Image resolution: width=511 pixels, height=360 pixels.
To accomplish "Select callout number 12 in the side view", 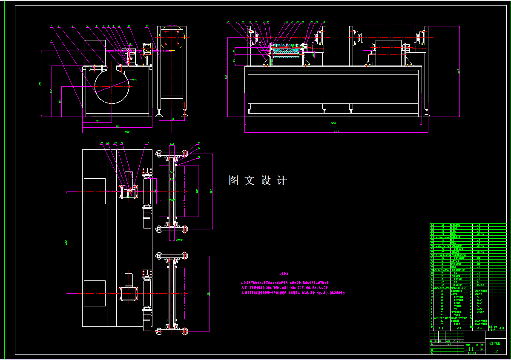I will (147, 26).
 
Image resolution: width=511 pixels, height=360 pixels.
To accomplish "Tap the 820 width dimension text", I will (117, 126).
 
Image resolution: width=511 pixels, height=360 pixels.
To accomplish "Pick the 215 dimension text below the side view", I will (97, 121).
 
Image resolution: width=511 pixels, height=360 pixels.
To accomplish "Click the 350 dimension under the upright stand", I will (172, 120).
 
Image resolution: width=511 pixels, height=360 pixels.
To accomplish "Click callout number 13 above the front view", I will (228, 22).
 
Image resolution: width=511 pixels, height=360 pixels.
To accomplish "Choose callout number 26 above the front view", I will (324, 22).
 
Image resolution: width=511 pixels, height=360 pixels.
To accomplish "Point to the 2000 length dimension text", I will (333, 123).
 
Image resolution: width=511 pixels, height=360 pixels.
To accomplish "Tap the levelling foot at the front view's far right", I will (427, 113).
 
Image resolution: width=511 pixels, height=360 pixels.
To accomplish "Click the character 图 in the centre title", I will (233, 180).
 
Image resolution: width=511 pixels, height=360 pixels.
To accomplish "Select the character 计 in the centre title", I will (282, 180).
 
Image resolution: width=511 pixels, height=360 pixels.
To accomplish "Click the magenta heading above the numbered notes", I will (283, 275).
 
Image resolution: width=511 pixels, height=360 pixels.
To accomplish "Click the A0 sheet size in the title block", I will (496, 351).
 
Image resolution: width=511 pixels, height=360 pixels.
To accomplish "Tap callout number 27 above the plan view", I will (101, 143).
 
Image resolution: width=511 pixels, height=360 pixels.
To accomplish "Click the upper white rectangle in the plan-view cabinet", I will (95, 191).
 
